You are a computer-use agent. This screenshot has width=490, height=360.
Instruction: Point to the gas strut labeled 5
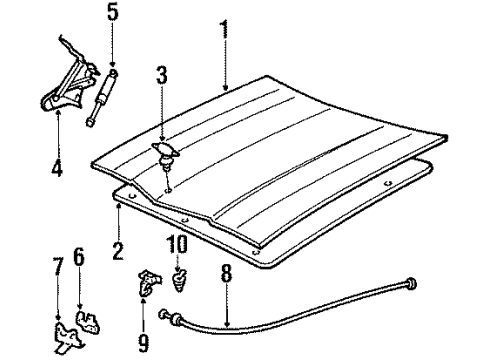(x=103, y=97)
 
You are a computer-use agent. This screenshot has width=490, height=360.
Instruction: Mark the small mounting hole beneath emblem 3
(x=167, y=189)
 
